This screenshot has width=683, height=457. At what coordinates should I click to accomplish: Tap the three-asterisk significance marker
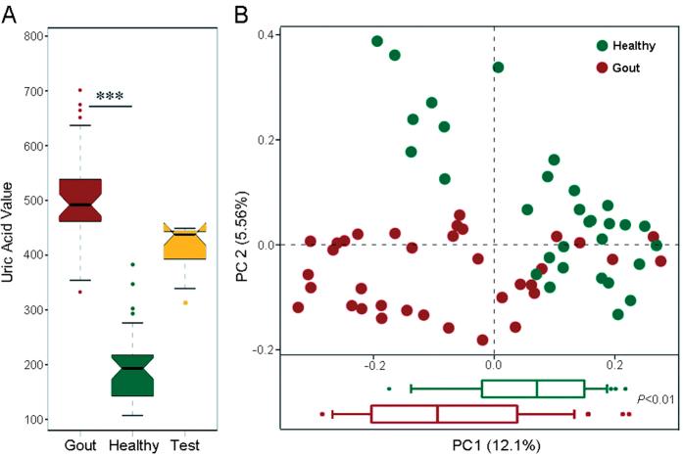tap(110, 97)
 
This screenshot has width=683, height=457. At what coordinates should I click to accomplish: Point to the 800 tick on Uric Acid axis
tap(34, 36)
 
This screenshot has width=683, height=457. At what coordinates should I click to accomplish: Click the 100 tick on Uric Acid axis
tap(34, 420)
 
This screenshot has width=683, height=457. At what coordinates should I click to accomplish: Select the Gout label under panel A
tap(80, 444)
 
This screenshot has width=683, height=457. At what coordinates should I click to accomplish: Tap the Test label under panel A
tap(183, 444)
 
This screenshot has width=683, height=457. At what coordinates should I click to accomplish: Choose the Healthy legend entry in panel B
tap(633, 45)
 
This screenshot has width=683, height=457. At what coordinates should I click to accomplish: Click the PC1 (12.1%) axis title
tap(493, 445)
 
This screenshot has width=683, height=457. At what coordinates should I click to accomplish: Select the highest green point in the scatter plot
tap(377, 41)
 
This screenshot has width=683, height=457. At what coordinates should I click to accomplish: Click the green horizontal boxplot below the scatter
tap(532, 388)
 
